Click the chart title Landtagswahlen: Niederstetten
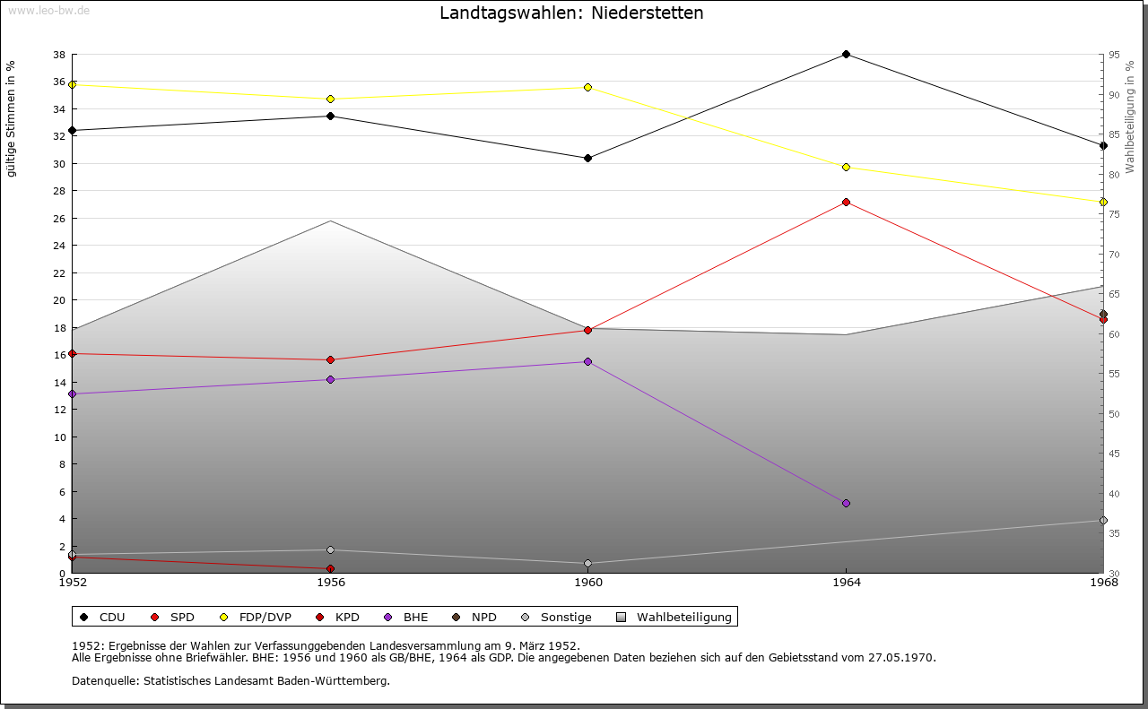(571, 13)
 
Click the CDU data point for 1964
(846, 55)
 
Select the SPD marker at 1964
(846, 203)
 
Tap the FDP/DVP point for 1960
(587, 88)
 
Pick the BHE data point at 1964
(846, 504)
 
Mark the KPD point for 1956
(331, 569)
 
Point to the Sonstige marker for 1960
(587, 564)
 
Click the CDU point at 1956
(331, 117)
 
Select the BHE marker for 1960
(587, 362)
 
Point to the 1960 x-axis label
(587, 583)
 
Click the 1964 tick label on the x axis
(846, 583)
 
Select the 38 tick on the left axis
(58, 55)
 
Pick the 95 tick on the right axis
(1114, 55)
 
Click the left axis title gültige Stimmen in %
(12, 119)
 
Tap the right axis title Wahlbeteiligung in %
(1130, 117)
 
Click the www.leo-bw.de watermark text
(47, 9)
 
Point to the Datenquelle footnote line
(230, 681)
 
